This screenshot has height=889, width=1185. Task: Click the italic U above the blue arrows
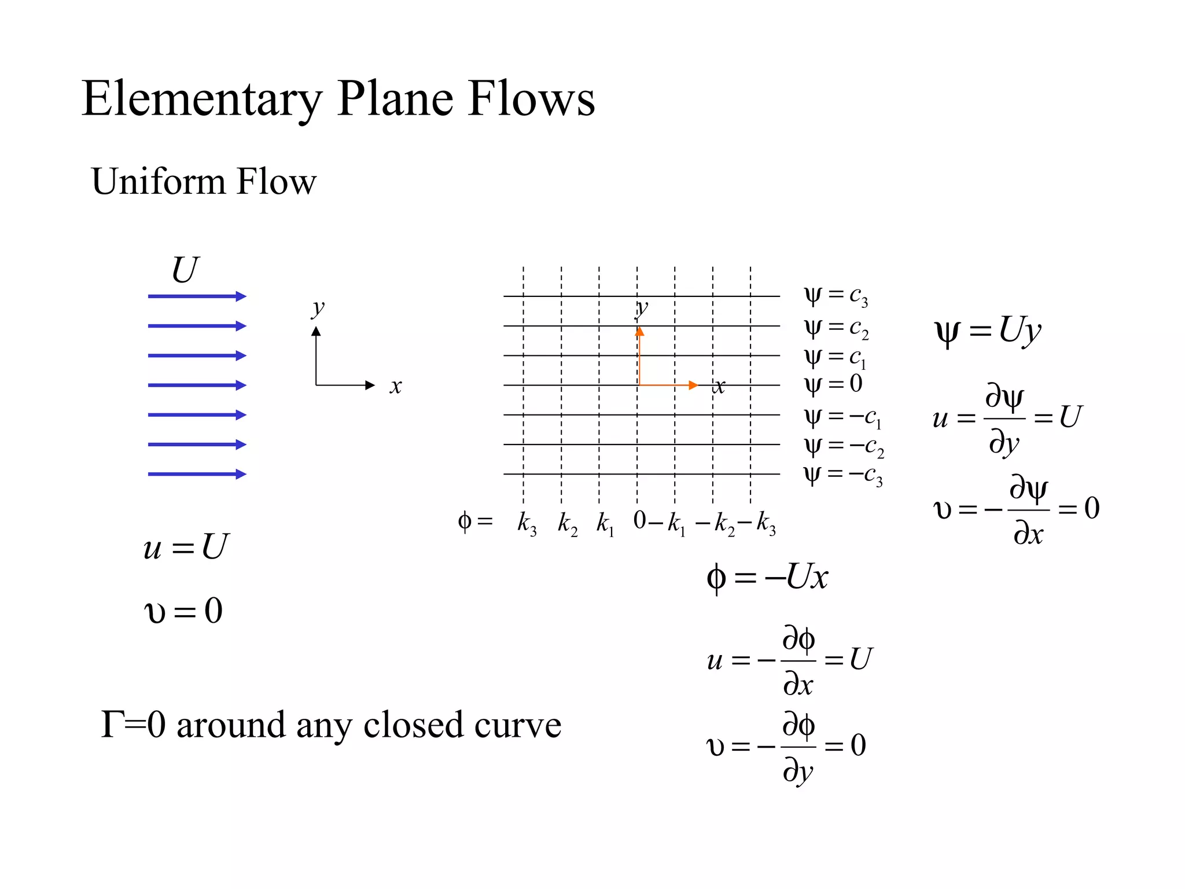click(x=185, y=270)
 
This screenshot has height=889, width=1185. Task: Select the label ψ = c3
click(x=836, y=296)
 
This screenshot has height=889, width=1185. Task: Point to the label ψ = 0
click(x=833, y=384)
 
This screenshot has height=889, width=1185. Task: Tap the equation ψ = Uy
click(x=988, y=332)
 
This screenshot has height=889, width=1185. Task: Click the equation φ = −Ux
click(x=767, y=577)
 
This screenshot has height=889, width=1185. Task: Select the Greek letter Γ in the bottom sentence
click(x=111, y=725)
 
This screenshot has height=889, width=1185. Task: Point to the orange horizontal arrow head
click(x=693, y=385)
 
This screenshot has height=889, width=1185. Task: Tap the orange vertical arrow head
click(x=639, y=332)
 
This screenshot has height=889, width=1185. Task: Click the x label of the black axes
click(x=396, y=386)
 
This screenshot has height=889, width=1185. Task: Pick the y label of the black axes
click(x=318, y=307)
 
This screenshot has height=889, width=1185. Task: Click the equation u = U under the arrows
click(x=186, y=546)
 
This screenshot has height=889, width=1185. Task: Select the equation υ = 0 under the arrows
click(x=183, y=611)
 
